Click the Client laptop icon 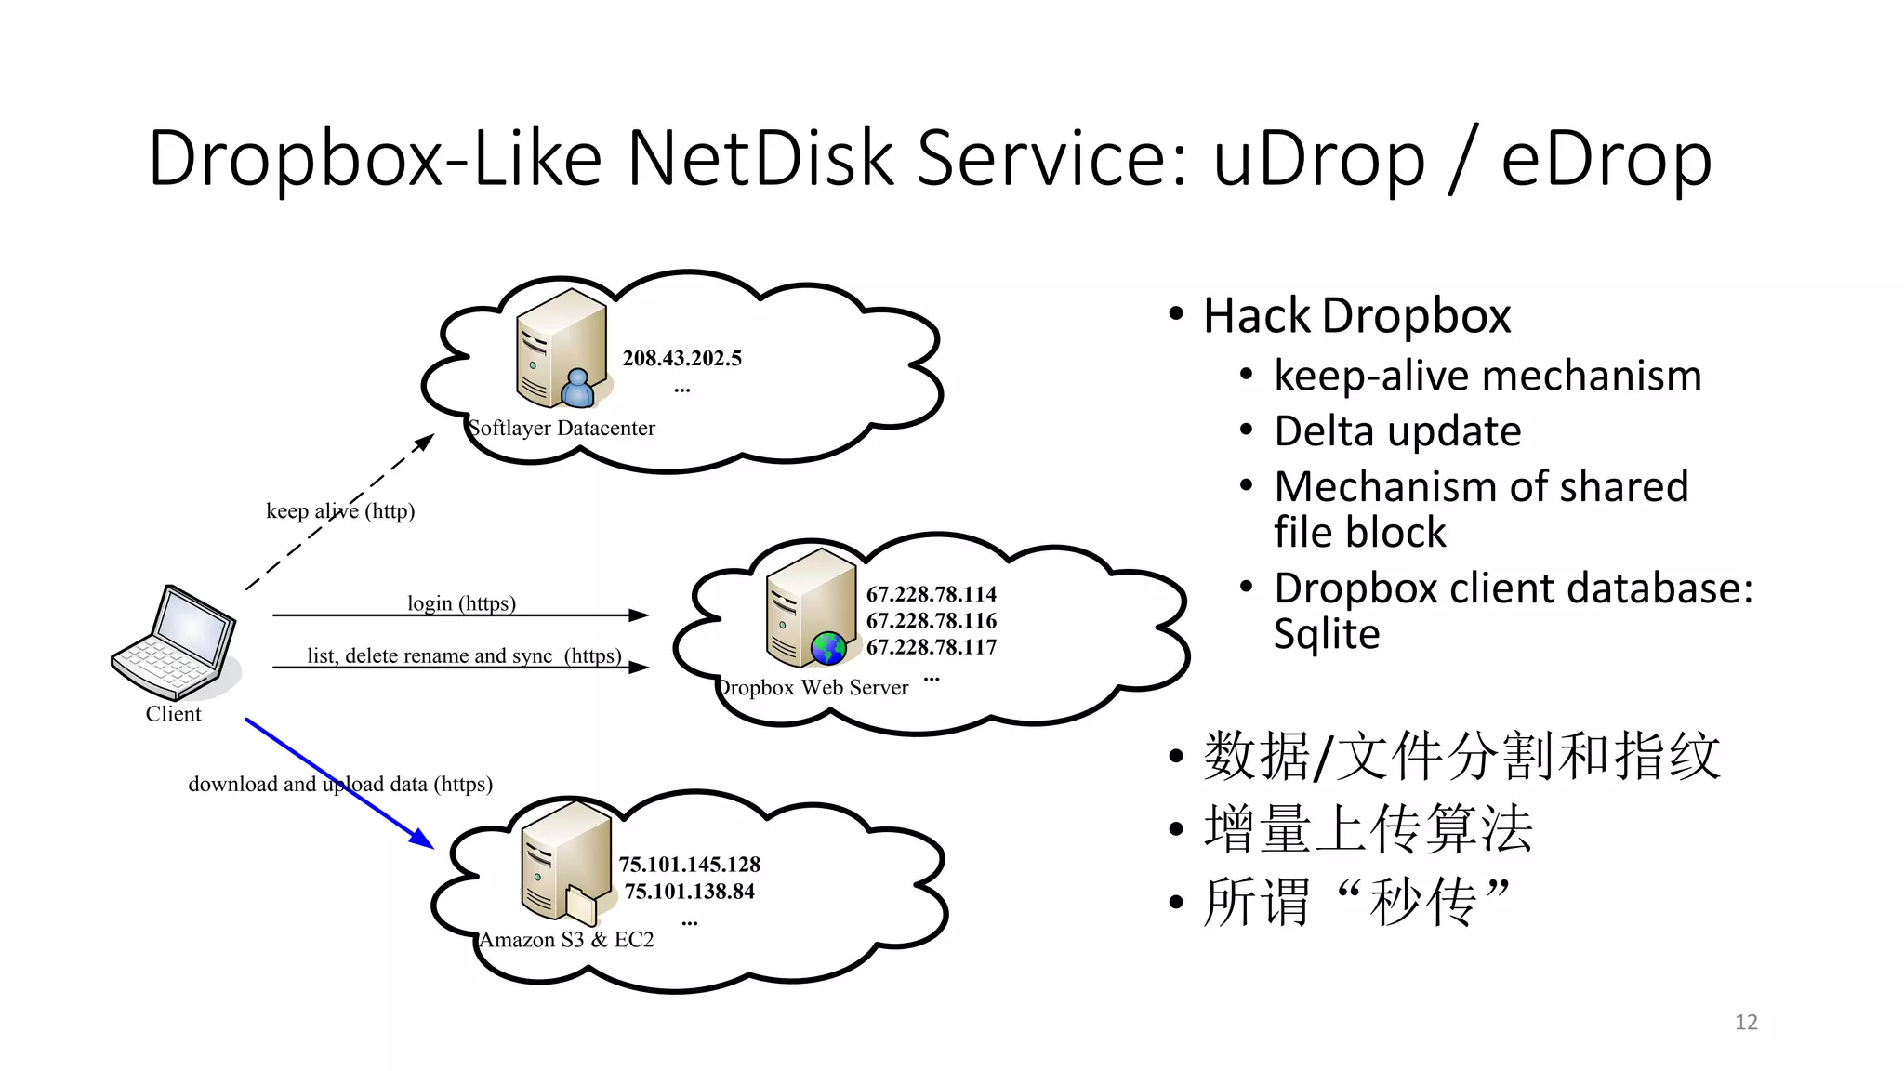[175, 641]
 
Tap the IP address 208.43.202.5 [681, 358]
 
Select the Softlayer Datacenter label [562, 428]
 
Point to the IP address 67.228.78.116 [931, 620]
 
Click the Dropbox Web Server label [812, 688]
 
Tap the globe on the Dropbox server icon [828, 648]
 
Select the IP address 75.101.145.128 [690, 865]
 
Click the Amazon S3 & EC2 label [566, 940]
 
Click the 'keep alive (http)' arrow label [340, 510]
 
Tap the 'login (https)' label [461, 603]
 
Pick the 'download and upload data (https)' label [340, 784]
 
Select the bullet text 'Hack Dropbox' [1356, 315]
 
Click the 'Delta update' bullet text [1397, 431]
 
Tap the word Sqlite [1327, 634]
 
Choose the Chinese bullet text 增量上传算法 [1368, 828]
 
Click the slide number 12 [1746, 1022]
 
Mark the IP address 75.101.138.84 [690, 892]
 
